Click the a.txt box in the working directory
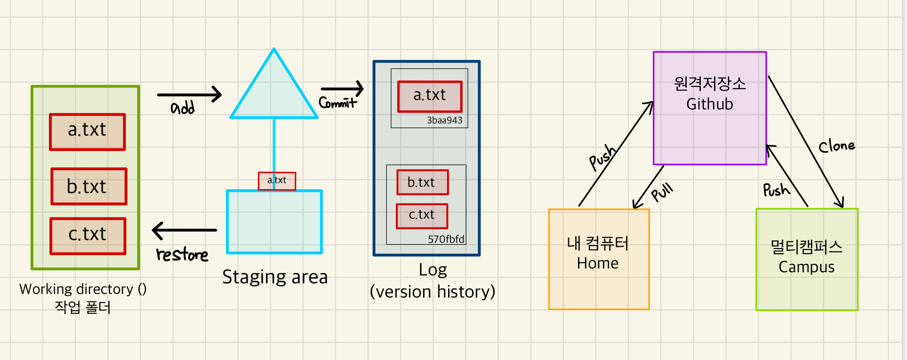[88, 132]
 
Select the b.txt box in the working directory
[89, 186]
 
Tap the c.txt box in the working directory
[88, 236]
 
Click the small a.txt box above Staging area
[277, 181]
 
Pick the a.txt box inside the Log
[430, 96]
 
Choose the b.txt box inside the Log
[422, 183]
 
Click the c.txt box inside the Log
[422, 216]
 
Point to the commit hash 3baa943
[444, 120]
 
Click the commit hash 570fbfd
[446, 240]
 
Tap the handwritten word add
[183, 108]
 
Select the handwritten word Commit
[337, 103]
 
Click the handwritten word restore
[182, 255]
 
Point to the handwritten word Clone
[836, 146]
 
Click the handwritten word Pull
[662, 192]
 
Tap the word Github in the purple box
[709, 104]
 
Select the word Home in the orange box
[597, 263]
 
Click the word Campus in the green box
[806, 267]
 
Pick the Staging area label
[275, 277]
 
